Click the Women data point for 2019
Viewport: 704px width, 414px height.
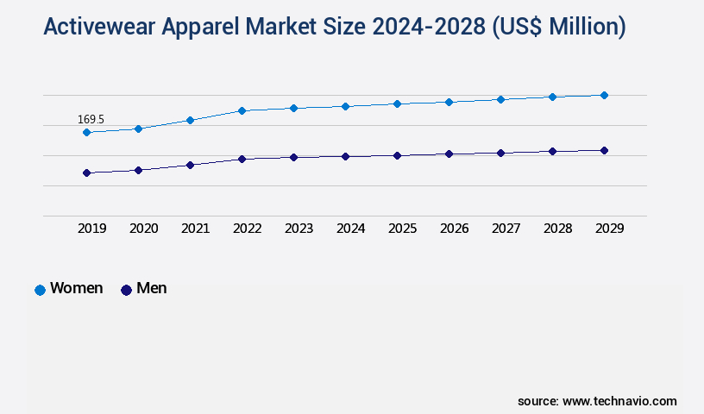click(x=86, y=132)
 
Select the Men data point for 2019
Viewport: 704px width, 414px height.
click(x=86, y=172)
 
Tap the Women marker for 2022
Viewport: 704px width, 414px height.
click(x=242, y=110)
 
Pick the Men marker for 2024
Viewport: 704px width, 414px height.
click(x=345, y=156)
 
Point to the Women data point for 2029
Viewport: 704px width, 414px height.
click(x=604, y=95)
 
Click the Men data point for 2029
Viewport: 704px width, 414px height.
click(x=604, y=150)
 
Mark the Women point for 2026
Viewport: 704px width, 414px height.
click(x=449, y=102)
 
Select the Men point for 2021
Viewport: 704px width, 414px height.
click(x=190, y=165)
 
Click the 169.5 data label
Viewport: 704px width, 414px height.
click(x=91, y=119)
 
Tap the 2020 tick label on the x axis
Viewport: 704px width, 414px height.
click(x=144, y=229)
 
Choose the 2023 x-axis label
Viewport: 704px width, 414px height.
click(x=299, y=229)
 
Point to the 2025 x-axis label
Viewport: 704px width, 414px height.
click(x=403, y=229)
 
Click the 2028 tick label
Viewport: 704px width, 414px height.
click(x=558, y=229)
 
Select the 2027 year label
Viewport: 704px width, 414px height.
click(x=506, y=229)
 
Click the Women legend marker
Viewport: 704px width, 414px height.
click(x=40, y=290)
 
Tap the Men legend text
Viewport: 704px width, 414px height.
click(x=152, y=288)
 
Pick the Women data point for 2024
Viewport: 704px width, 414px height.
click(x=345, y=106)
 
